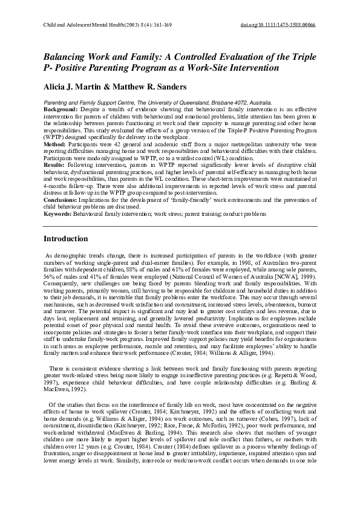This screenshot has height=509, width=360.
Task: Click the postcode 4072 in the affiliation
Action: coord(232,103)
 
